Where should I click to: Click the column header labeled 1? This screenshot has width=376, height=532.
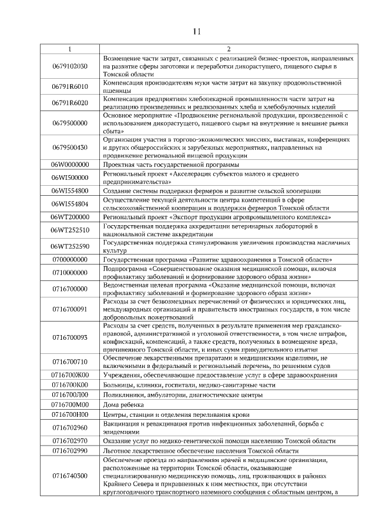(x=70, y=49)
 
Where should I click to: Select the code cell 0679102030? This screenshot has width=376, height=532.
(x=70, y=66)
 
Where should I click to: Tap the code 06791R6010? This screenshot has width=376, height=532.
(x=70, y=86)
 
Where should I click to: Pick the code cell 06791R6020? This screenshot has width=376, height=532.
(x=70, y=103)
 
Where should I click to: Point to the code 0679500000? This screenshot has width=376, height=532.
(x=70, y=123)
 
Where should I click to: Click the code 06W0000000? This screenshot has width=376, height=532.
(x=70, y=164)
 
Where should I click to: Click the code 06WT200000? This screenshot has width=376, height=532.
(x=70, y=217)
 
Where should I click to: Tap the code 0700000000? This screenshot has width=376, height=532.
(x=70, y=259)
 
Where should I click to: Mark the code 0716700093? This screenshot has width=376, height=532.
(x=70, y=337)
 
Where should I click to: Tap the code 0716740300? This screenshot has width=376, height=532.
(x=70, y=476)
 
